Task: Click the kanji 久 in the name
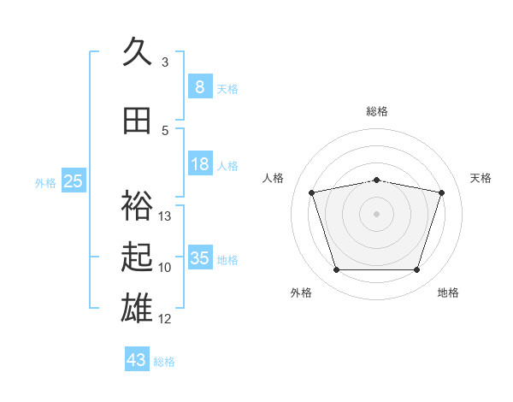(x=137, y=50)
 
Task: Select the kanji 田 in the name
(x=137, y=121)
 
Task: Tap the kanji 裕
(x=137, y=205)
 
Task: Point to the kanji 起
(x=137, y=257)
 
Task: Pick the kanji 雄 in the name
(x=137, y=308)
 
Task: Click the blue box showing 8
(x=200, y=86)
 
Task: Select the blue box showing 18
(x=200, y=163)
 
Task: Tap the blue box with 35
(x=200, y=257)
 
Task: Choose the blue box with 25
(x=74, y=180)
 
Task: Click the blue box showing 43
(x=137, y=358)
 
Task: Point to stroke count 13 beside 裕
(x=164, y=216)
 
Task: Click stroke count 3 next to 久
(x=165, y=62)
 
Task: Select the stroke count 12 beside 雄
(x=164, y=318)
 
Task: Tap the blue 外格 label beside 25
(x=45, y=183)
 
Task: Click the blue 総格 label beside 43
(x=164, y=362)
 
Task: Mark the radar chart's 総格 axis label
(x=377, y=111)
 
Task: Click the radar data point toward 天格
(x=441, y=192)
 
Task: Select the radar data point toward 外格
(x=337, y=269)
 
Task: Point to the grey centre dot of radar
(x=376, y=214)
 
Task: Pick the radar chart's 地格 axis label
(x=448, y=293)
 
